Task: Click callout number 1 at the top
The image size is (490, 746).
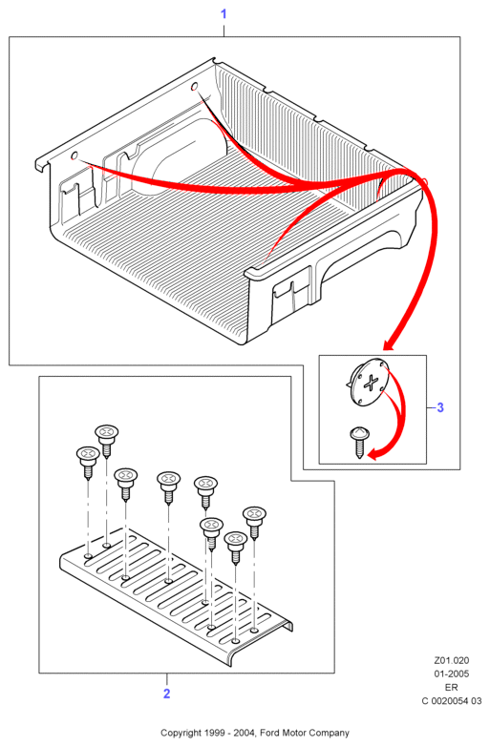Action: [224, 14]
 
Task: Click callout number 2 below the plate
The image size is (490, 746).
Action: [166, 694]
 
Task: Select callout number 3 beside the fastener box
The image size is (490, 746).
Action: [440, 407]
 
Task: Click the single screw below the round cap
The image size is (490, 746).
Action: [358, 442]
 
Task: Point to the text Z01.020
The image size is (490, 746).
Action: [452, 660]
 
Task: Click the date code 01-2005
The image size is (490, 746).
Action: [452, 673]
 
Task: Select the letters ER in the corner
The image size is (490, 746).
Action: [452, 688]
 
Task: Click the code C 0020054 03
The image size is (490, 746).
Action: [452, 701]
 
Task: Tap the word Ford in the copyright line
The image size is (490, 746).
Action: [270, 733]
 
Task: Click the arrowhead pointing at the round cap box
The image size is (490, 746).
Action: [391, 344]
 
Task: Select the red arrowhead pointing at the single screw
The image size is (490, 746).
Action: [375, 454]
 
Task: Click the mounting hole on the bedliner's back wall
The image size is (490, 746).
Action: [194, 87]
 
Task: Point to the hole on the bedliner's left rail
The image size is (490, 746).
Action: [75, 155]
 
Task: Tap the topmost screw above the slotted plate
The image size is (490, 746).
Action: [107, 441]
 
